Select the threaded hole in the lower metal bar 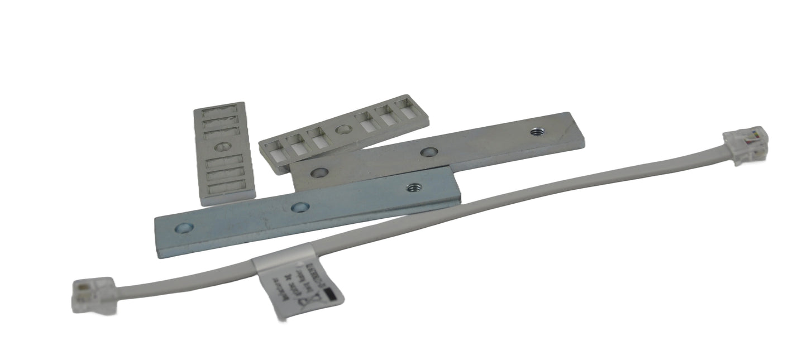[413, 188]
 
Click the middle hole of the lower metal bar [299, 207]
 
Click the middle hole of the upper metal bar [429, 151]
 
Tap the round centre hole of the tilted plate [343, 130]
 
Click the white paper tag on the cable [296, 287]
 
